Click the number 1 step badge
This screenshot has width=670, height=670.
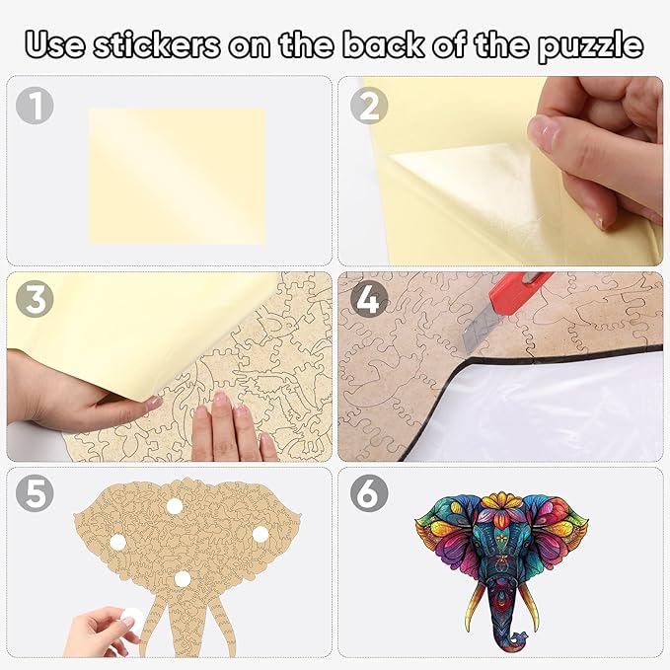[x=35, y=106]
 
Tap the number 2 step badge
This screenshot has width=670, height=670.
[x=367, y=106]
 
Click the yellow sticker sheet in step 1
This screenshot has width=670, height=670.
[x=177, y=176]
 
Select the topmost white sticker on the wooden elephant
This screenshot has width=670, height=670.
[x=176, y=506]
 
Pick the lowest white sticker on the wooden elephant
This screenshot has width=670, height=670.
[x=182, y=579]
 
